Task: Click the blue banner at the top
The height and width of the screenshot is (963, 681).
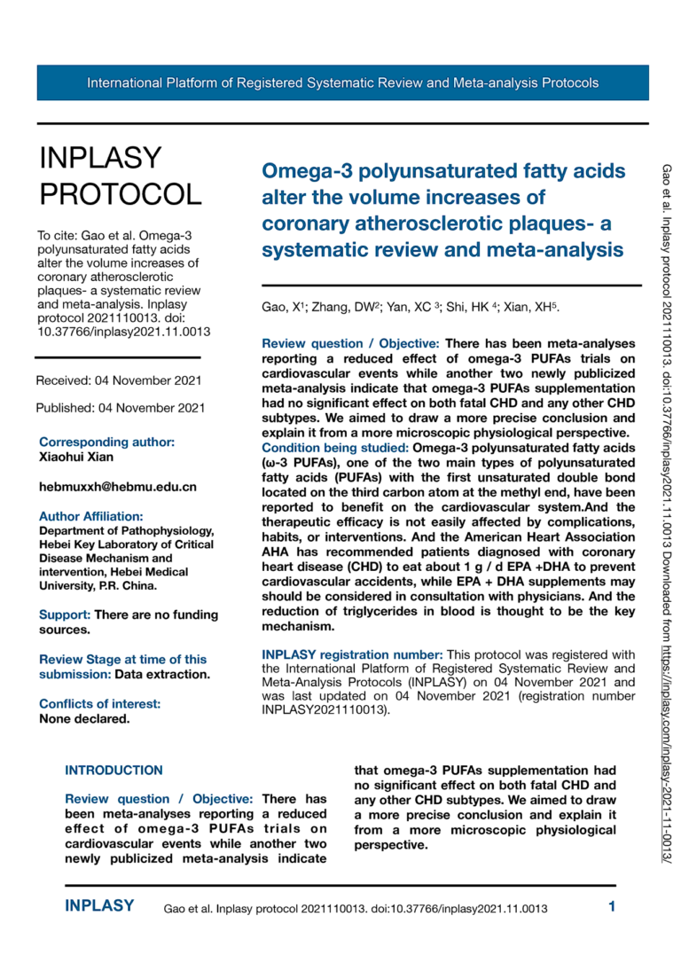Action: (342, 83)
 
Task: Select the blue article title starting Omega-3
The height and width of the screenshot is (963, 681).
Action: (443, 210)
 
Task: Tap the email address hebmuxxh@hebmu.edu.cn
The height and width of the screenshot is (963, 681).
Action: (118, 487)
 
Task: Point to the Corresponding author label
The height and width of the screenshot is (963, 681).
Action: (106, 442)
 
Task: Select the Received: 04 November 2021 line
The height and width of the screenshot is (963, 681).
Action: (119, 380)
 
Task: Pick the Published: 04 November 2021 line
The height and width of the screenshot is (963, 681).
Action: (120, 409)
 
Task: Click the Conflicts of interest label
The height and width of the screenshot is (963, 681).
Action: (100, 704)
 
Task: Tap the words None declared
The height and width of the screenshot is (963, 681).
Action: (84, 718)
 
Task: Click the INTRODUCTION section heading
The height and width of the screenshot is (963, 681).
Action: (114, 771)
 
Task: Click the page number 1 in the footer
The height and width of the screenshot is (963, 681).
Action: (612, 906)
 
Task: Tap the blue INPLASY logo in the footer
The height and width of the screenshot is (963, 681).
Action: (99, 906)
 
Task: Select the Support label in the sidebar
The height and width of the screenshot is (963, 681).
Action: (65, 615)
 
